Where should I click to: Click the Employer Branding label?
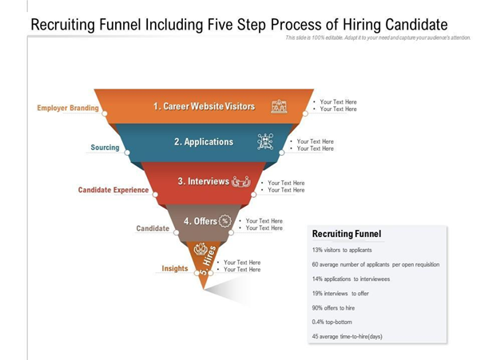(x=68, y=108)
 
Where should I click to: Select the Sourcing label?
(x=105, y=148)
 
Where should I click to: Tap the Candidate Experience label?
(x=113, y=190)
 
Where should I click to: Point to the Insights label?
(x=175, y=268)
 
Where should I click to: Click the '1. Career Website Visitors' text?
(x=204, y=106)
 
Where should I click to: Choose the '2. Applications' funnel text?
(x=204, y=142)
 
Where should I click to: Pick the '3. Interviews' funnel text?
(x=204, y=181)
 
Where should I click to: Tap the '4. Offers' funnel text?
(x=201, y=221)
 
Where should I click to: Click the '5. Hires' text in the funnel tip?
(x=209, y=260)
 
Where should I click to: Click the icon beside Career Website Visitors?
(x=279, y=106)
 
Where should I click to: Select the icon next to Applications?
(x=265, y=141)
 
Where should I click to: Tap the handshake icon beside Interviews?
(x=241, y=182)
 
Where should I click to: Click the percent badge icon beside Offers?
(x=225, y=221)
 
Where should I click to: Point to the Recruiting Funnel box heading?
(x=347, y=234)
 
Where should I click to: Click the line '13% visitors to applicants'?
(x=342, y=250)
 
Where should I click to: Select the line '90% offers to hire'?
(x=333, y=308)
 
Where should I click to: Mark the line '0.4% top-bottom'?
(x=332, y=322)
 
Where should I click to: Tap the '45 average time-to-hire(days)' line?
(x=348, y=336)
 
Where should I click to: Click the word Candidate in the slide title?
(x=416, y=25)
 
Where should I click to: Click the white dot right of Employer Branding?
(x=105, y=113)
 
